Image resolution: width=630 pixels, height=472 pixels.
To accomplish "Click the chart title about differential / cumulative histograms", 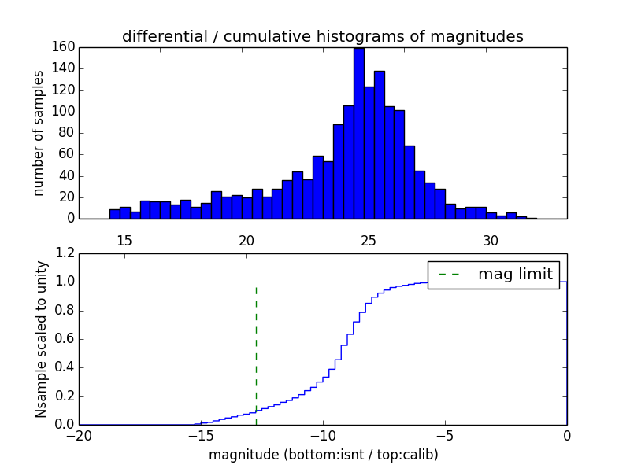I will (322, 36).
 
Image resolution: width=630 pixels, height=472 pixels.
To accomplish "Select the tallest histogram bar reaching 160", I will (358, 134).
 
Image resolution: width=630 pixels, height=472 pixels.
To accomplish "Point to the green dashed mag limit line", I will (256, 354).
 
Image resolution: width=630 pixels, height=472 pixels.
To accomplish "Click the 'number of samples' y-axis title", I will (39, 132).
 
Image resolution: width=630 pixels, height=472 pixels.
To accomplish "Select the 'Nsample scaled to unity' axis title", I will (41, 338).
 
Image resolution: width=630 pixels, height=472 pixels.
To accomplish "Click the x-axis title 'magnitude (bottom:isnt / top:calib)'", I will (323, 455).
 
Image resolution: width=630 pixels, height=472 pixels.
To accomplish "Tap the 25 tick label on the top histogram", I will (369, 240).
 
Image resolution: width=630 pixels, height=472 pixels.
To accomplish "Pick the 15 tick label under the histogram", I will (124, 240).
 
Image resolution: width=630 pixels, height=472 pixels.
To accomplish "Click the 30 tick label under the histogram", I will (491, 240).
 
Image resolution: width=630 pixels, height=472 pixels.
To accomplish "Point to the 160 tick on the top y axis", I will (63, 46).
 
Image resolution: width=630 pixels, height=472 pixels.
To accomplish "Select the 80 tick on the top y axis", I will (66, 132).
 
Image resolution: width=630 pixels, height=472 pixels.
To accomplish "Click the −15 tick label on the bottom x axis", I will (200, 435).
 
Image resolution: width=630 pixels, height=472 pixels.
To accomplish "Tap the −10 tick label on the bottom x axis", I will (322, 435).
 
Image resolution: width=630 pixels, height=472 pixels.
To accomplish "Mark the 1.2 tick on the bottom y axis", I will (64, 253).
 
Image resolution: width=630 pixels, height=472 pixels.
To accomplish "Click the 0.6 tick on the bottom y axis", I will (64, 339).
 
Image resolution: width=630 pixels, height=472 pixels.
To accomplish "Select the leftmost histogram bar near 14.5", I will (114, 214).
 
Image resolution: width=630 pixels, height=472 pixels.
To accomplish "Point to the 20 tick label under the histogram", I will (246, 240).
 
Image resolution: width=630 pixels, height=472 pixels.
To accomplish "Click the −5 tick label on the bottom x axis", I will (444, 435).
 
